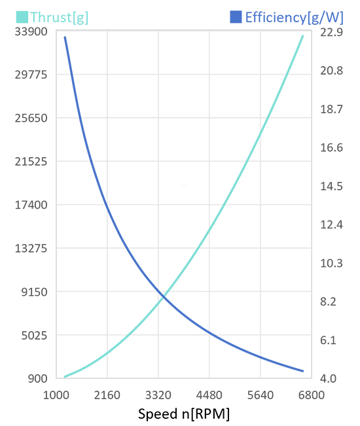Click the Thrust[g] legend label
[59, 18]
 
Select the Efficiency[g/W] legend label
[295, 18]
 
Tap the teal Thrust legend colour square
[22, 17]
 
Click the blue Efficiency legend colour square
[236, 17]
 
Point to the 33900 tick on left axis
[31, 31]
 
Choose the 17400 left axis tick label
[31, 205]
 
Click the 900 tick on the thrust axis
[37, 378]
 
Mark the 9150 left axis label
[34, 292]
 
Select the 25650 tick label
[31, 118]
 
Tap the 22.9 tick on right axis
[331, 32]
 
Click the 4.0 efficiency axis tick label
[328, 378]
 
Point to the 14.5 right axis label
[331, 186]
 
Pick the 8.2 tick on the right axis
[328, 302]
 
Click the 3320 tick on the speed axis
[158, 395]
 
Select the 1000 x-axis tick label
[56, 395]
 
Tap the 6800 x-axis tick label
[312, 395]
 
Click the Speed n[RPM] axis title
[184, 414]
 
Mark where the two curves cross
[163, 297]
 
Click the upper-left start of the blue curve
[65, 37]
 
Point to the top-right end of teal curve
[302, 36]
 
